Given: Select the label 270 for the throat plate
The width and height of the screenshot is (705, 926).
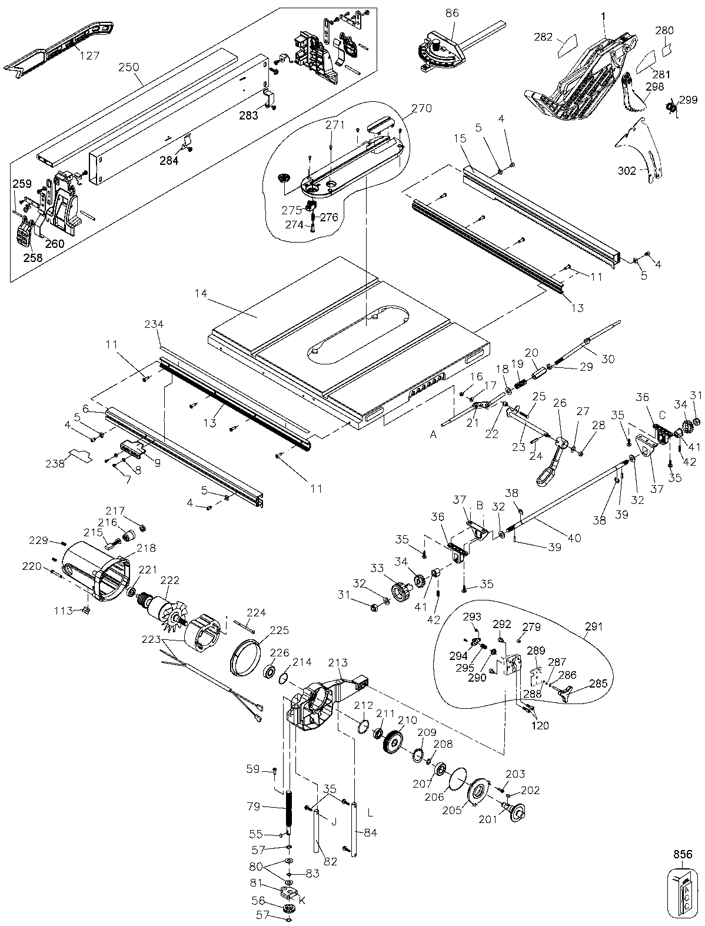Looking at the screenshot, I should [x=422, y=108].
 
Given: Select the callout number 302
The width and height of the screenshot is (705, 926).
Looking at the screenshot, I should [x=627, y=171].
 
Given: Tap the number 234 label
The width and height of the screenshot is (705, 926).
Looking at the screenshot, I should [x=154, y=324].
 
